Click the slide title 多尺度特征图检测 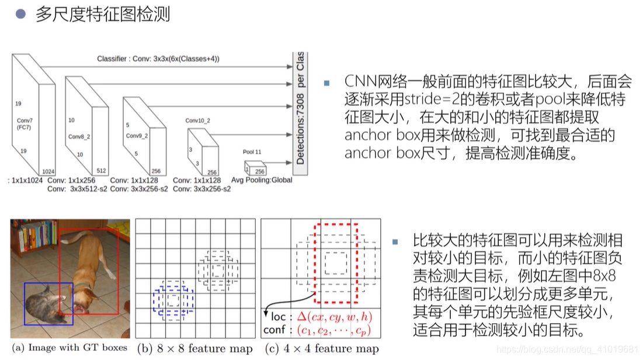point(103,15)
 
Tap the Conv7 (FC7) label point(25,123)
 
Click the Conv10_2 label point(197,120)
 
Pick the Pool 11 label point(252,152)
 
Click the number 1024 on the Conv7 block point(48,171)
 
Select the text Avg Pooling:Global point(262,180)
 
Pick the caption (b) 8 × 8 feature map point(195,348)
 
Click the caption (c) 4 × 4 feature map point(321,348)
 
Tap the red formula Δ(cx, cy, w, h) point(335,317)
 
